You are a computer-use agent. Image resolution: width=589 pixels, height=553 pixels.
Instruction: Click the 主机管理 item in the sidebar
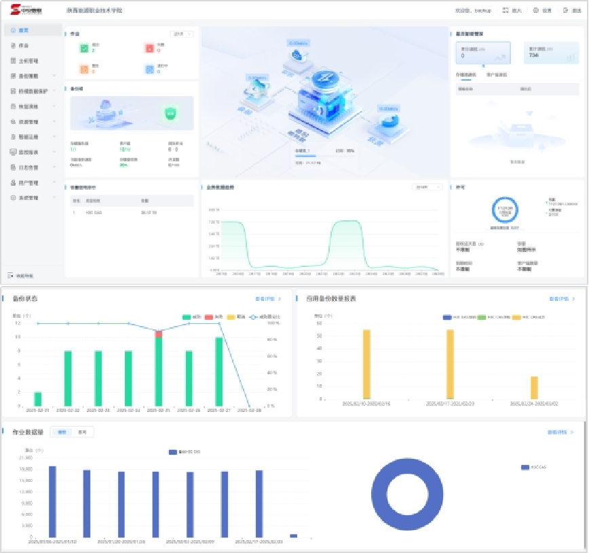29,60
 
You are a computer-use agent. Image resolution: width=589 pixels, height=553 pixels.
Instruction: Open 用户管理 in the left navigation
29,182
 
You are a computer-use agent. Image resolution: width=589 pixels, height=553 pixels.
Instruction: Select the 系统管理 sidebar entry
29,198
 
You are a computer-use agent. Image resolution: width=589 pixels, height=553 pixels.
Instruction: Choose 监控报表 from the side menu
29,152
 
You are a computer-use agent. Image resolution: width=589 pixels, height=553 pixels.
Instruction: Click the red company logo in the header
26,11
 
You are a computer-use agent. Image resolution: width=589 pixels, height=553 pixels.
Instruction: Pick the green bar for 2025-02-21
38,398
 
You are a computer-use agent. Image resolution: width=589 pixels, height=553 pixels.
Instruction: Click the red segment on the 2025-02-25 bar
159,333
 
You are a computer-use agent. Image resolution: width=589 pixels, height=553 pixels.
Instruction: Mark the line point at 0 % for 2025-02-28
250,406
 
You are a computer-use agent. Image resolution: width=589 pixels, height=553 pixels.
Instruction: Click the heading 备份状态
25,299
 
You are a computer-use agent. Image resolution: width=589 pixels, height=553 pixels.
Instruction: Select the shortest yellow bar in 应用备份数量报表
534,388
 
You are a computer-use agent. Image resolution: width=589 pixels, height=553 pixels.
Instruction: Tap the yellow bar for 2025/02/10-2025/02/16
366,364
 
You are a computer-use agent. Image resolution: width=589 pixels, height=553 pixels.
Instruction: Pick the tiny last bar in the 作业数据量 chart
293,535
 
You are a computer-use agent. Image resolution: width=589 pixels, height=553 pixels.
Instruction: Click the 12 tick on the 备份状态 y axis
17,323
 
